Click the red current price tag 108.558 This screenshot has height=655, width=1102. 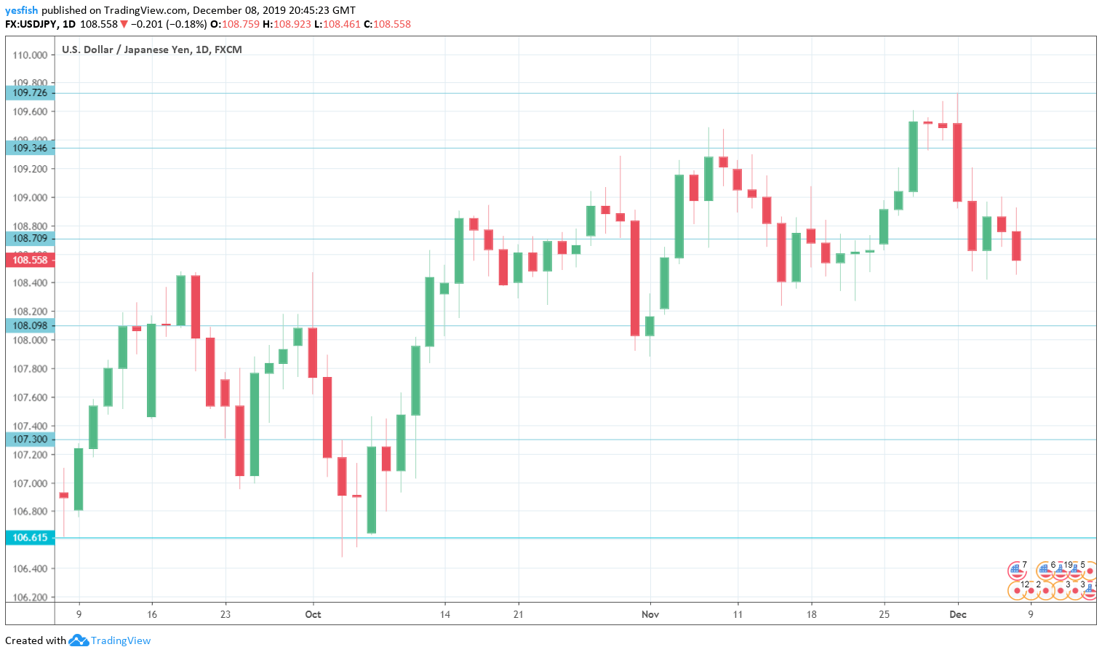[29, 260]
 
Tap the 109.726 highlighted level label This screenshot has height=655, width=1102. [29, 92]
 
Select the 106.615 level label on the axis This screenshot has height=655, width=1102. [29, 538]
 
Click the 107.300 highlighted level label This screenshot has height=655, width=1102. [29, 439]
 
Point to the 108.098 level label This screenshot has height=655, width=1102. [29, 325]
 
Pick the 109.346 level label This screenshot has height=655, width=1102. [29, 148]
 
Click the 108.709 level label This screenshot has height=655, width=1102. [29, 238]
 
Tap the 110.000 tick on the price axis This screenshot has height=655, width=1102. [31, 55]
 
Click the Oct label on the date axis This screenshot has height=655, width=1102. [313, 614]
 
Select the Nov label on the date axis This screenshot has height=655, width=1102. [650, 614]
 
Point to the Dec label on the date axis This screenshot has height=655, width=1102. [958, 614]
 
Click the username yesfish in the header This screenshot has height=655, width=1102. [21, 10]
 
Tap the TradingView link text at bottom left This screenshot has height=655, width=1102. [120, 640]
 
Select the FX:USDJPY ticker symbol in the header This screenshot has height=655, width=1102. [31, 24]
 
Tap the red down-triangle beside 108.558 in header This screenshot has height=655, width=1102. [124, 24]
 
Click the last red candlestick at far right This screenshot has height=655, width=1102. [1016, 246]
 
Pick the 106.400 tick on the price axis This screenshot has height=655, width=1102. [31, 568]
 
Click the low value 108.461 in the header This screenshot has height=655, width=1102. [342, 24]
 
